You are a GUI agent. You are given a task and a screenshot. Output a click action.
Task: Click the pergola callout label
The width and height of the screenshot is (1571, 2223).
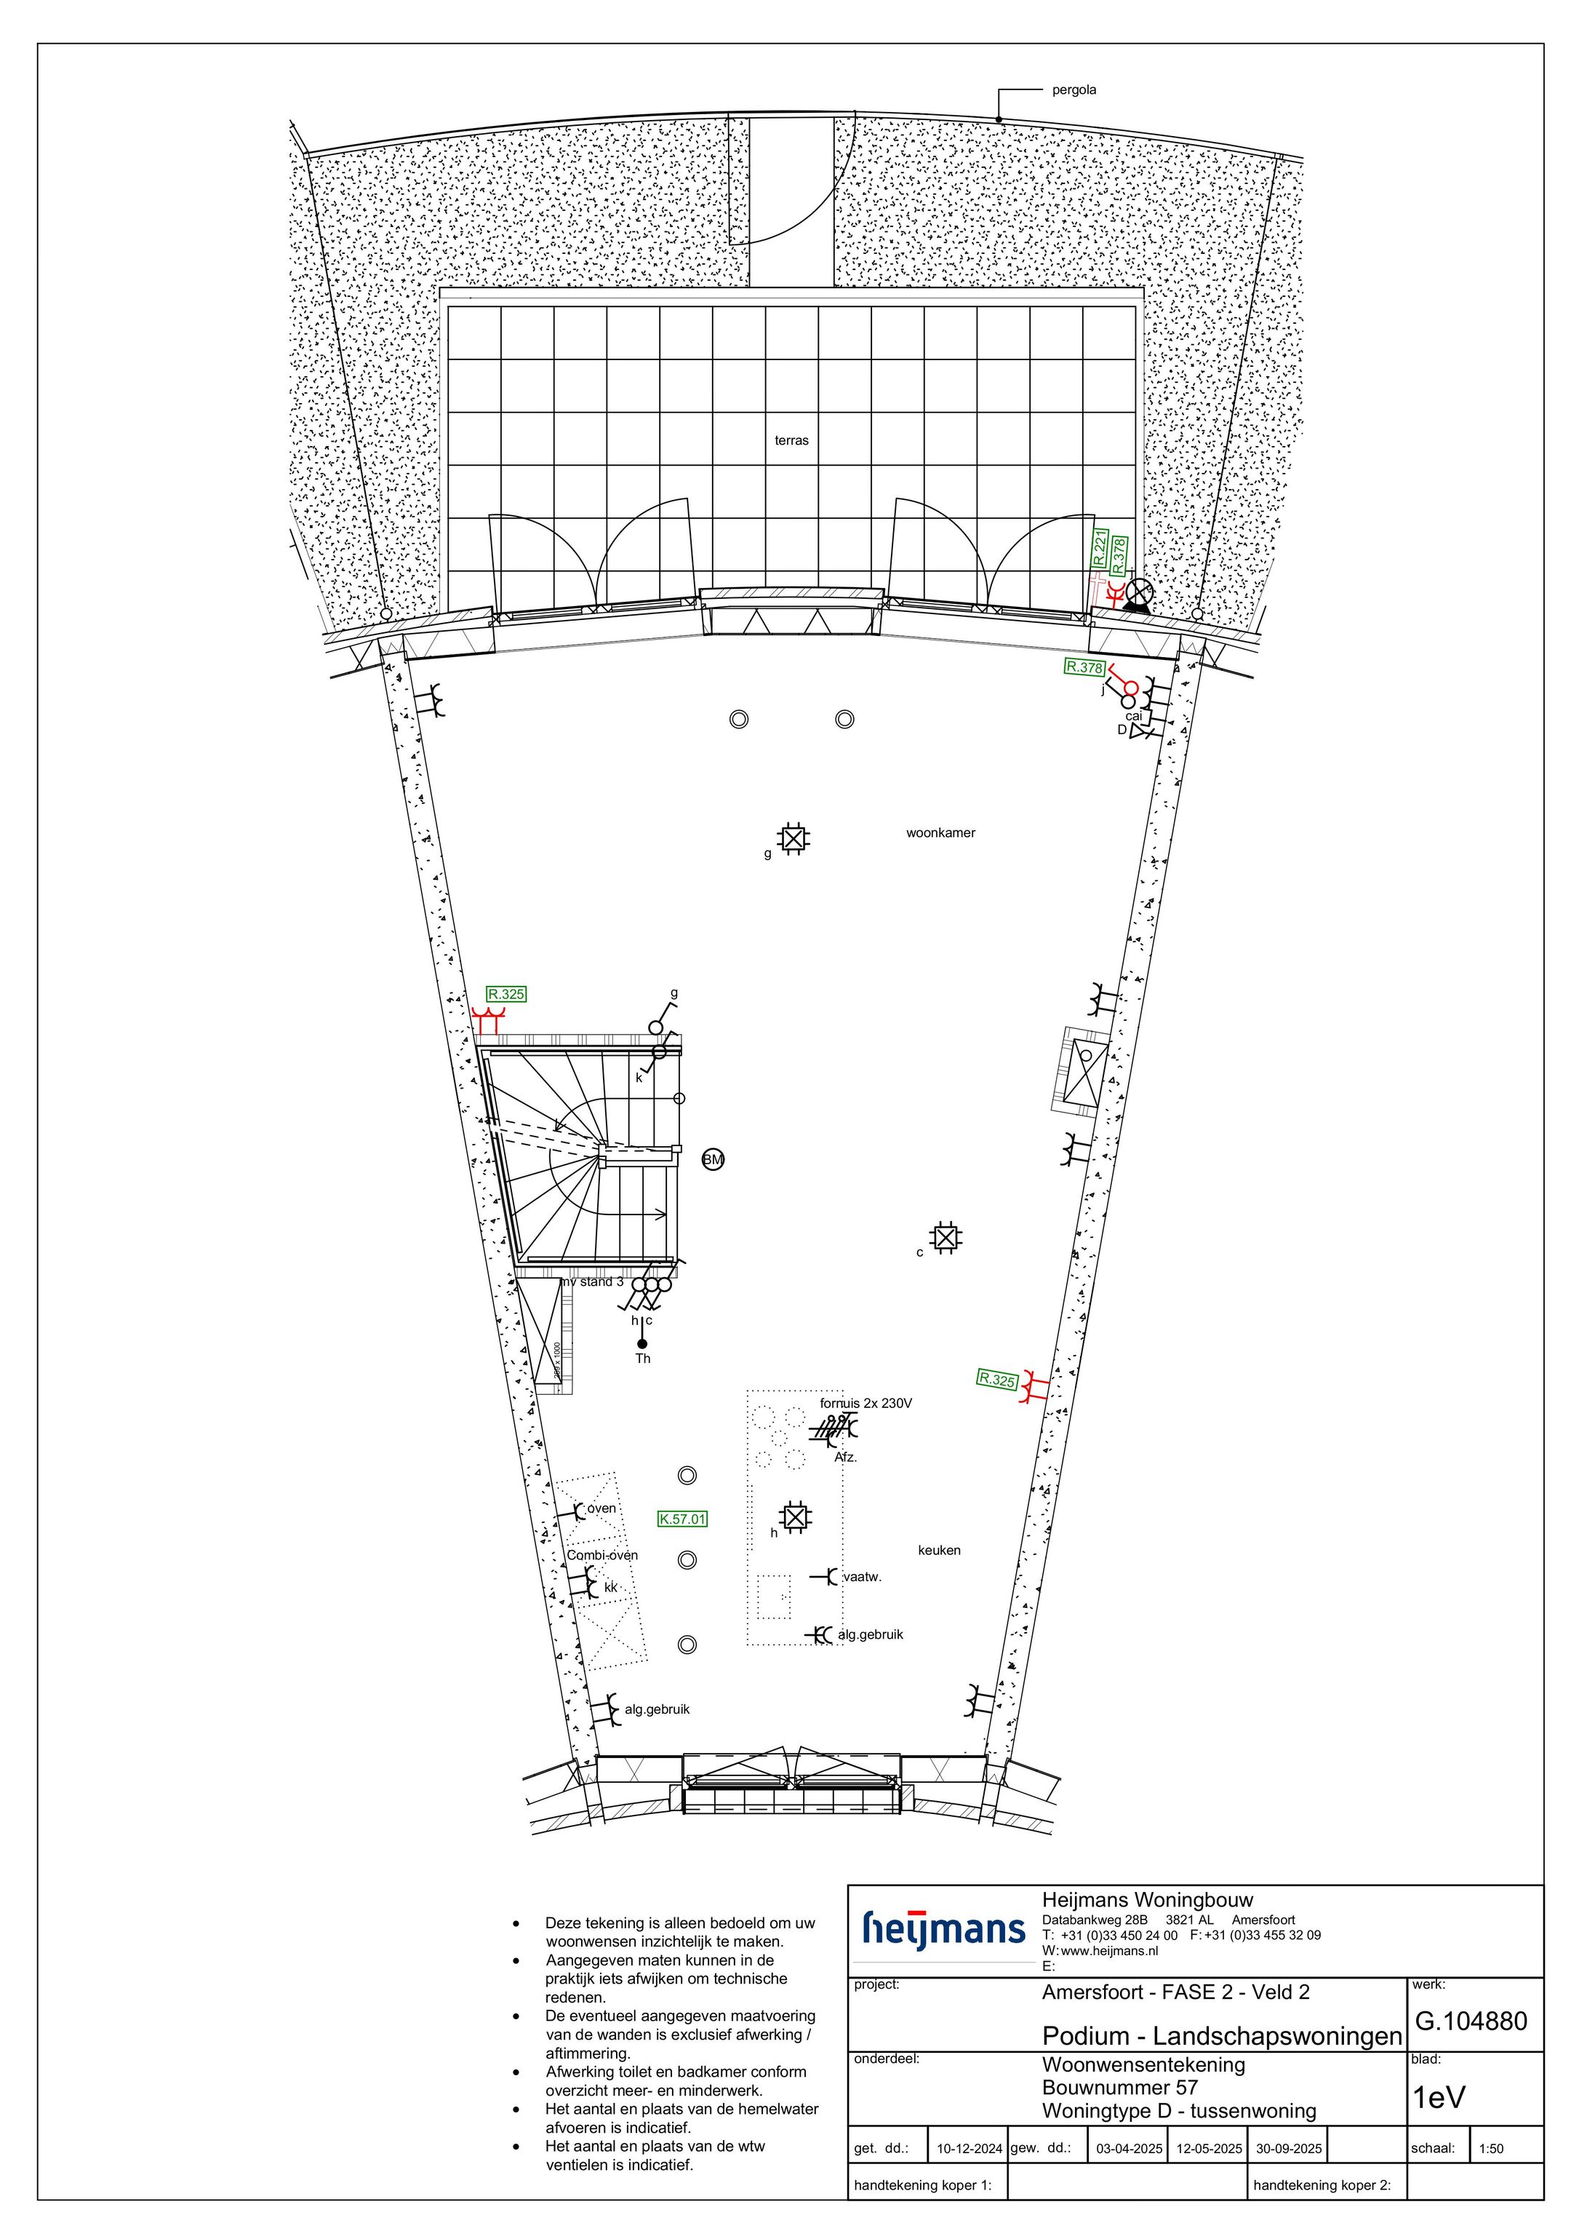tap(1074, 90)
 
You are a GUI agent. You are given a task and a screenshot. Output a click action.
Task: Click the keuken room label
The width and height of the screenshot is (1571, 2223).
tap(939, 1550)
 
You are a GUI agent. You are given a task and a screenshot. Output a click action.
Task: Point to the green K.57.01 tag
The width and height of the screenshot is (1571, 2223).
tap(682, 1519)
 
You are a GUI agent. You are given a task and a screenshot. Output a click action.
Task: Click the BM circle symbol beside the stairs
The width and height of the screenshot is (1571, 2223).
tap(713, 1160)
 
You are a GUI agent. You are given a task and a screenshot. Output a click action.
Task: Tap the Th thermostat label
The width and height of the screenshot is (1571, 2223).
tap(643, 1359)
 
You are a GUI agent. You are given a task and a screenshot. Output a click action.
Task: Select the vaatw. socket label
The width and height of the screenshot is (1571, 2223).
tap(863, 1576)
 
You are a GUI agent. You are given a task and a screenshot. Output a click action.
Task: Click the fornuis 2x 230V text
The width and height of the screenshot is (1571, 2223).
tap(866, 1403)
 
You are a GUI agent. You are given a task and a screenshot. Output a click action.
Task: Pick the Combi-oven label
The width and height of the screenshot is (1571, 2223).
tap(602, 1555)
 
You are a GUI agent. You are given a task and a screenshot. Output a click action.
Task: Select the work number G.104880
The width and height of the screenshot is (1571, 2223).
tap(1471, 2021)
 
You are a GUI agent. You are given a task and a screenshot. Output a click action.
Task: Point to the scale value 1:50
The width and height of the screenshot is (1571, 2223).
tap(1491, 2149)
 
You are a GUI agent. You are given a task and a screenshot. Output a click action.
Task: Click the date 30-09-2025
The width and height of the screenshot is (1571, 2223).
tap(1288, 2149)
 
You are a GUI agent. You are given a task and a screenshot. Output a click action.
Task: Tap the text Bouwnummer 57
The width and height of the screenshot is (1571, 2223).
tap(1120, 2088)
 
